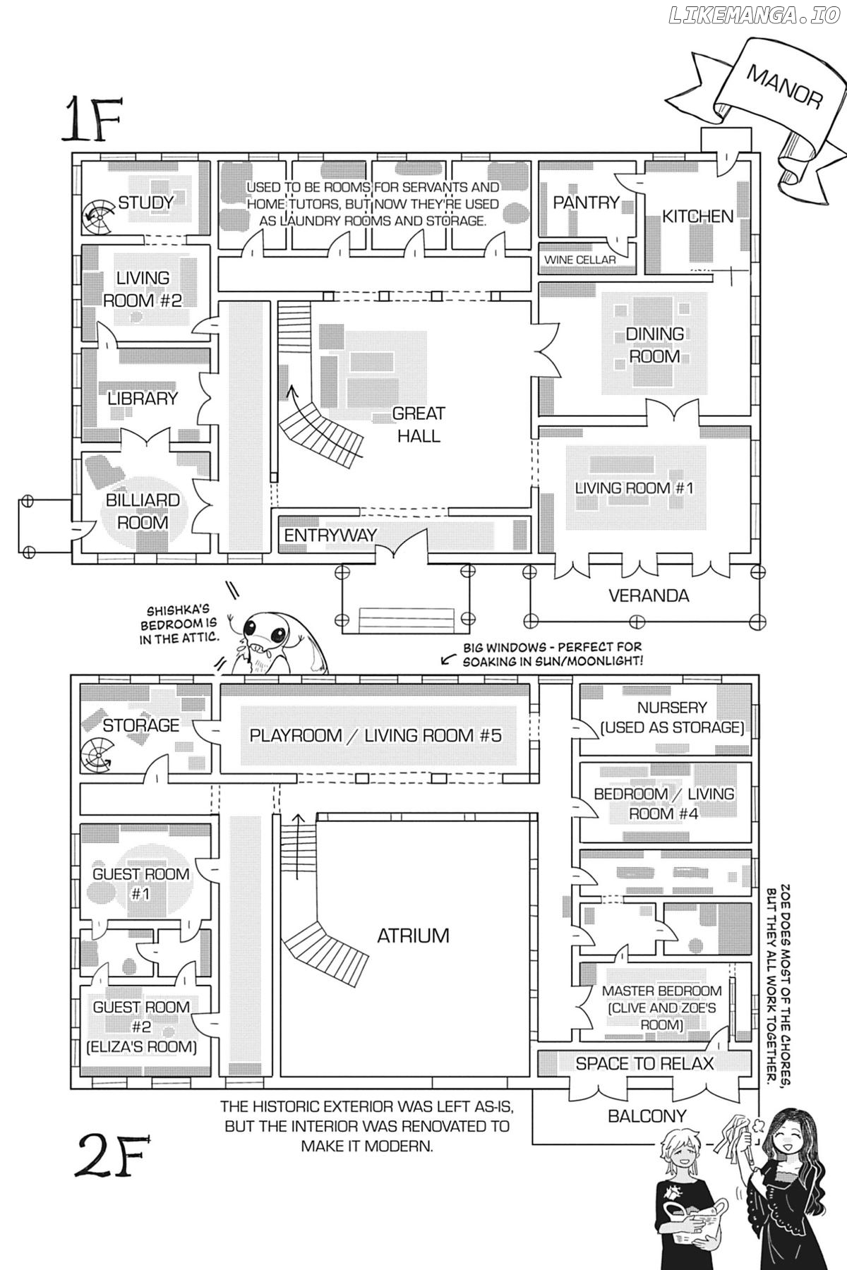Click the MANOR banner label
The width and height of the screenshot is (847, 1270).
point(783,87)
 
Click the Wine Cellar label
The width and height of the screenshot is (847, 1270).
point(579,260)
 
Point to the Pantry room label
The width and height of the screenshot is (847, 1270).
point(586,202)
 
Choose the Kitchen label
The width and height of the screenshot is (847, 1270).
point(697,216)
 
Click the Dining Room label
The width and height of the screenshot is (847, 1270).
point(655,345)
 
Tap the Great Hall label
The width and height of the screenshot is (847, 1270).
point(419,424)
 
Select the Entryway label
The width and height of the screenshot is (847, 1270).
point(330,536)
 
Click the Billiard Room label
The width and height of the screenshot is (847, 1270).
point(143,512)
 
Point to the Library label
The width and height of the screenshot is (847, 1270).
point(143,398)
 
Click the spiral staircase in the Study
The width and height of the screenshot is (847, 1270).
point(97,217)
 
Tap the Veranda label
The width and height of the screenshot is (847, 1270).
point(649,595)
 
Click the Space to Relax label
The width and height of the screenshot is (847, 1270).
point(644,1063)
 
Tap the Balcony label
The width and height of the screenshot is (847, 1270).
point(647,1115)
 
